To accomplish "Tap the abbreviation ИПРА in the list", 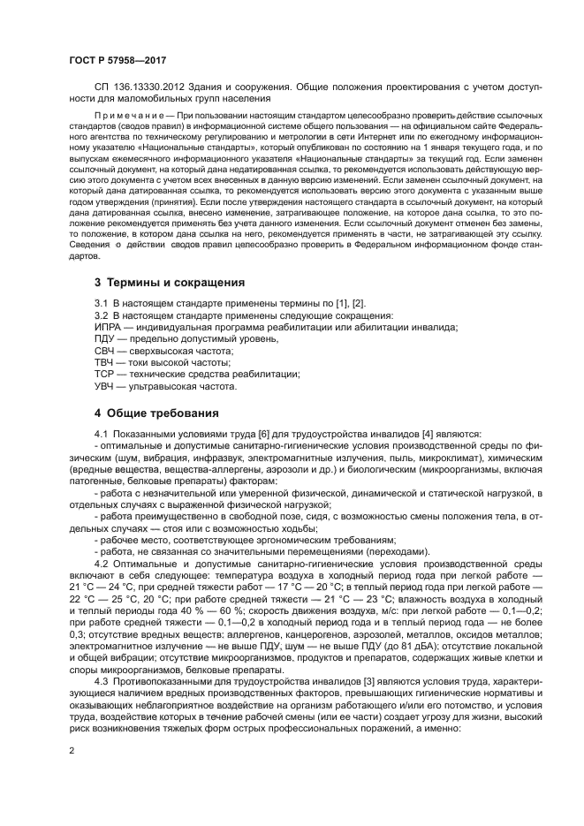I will pos(108,328).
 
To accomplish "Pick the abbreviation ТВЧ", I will pos(106,363).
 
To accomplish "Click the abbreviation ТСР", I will pos(106,375).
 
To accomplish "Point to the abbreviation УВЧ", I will pos(106,386).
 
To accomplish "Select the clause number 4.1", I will pos(101,434).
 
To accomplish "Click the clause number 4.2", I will pos(101,563).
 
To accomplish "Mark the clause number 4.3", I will pos(101,681).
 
